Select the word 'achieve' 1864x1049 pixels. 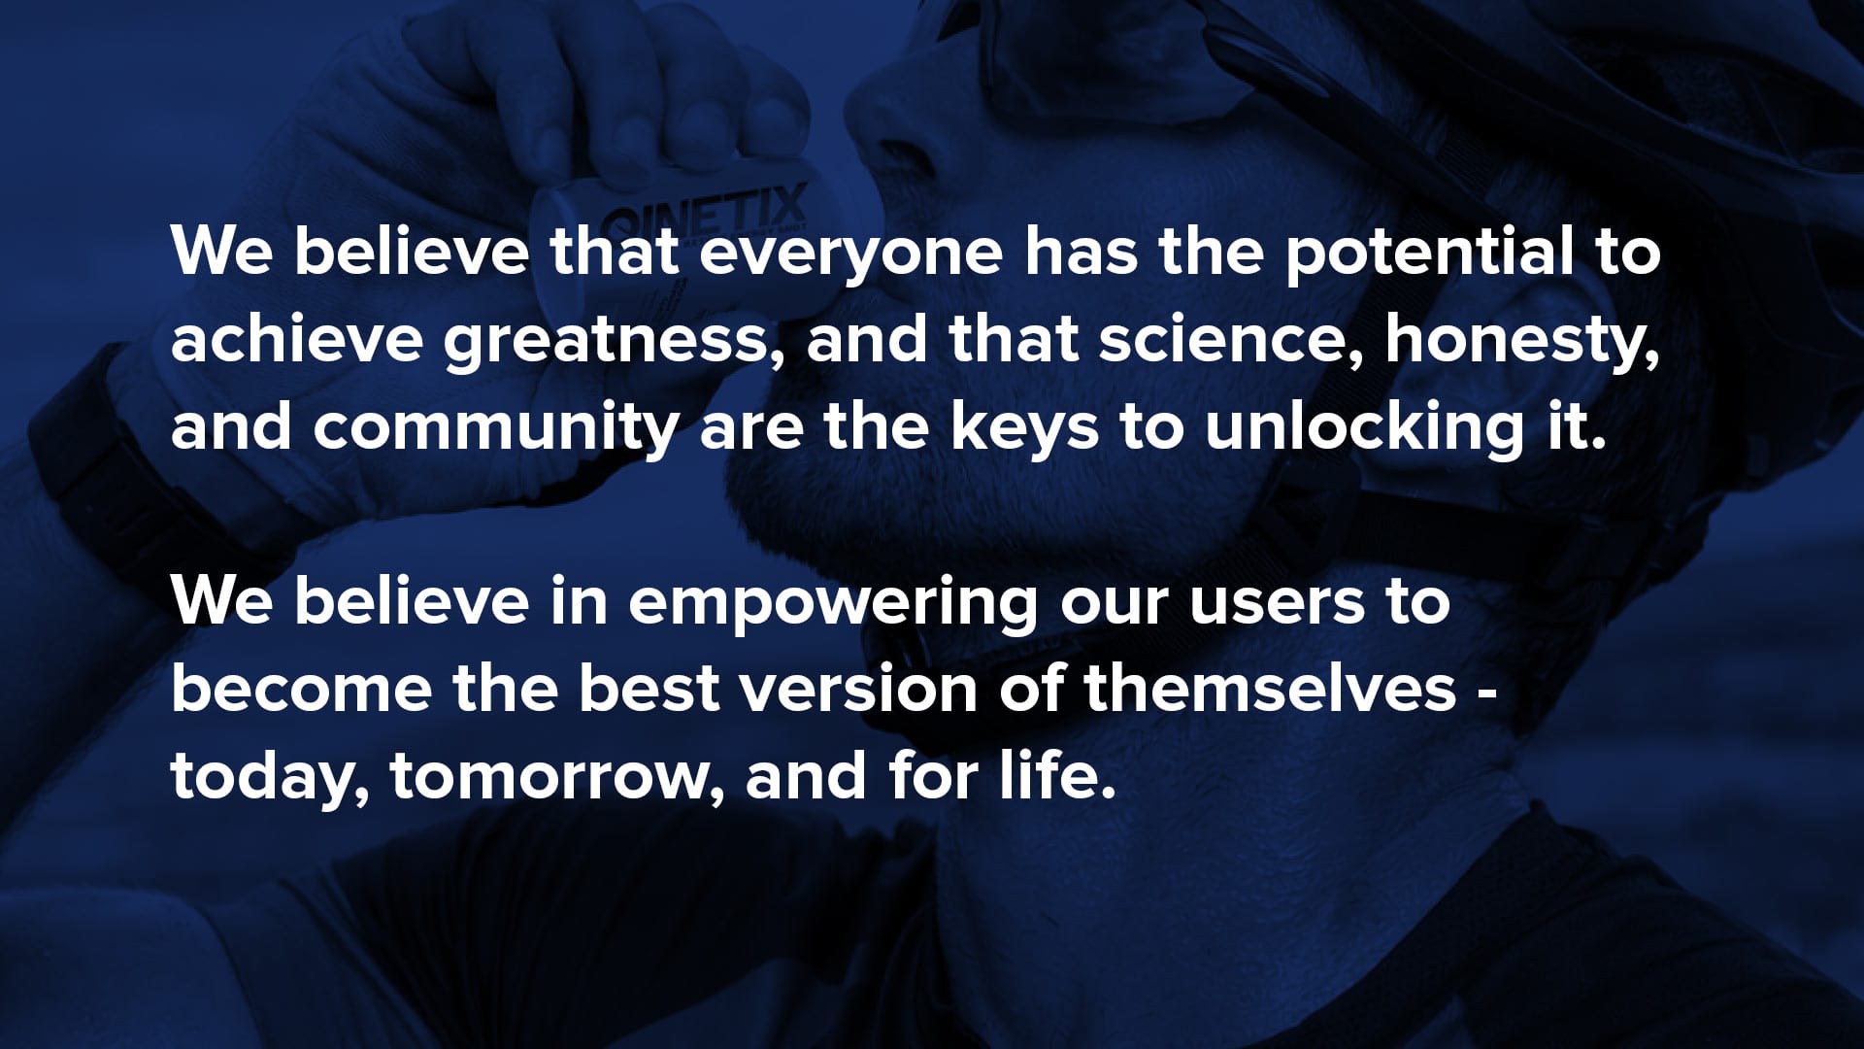296,339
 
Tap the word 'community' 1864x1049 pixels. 495,429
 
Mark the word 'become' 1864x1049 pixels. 301,689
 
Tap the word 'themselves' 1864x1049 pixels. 1270,689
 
